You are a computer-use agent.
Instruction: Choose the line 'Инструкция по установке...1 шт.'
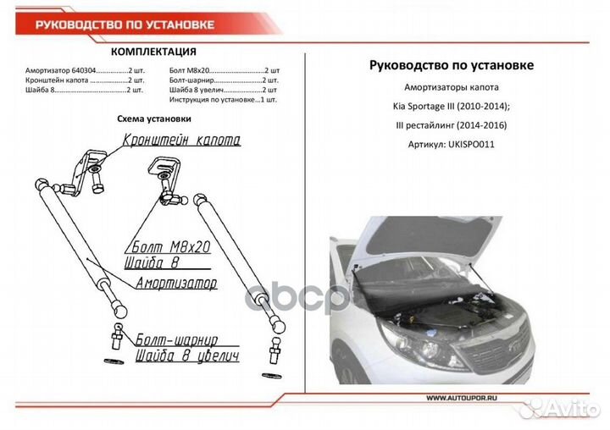[x=222, y=99]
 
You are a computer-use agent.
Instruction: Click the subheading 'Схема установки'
[x=153, y=119]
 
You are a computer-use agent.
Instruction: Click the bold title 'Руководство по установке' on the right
[x=452, y=65]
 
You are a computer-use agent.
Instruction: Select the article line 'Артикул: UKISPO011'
[x=452, y=143]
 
